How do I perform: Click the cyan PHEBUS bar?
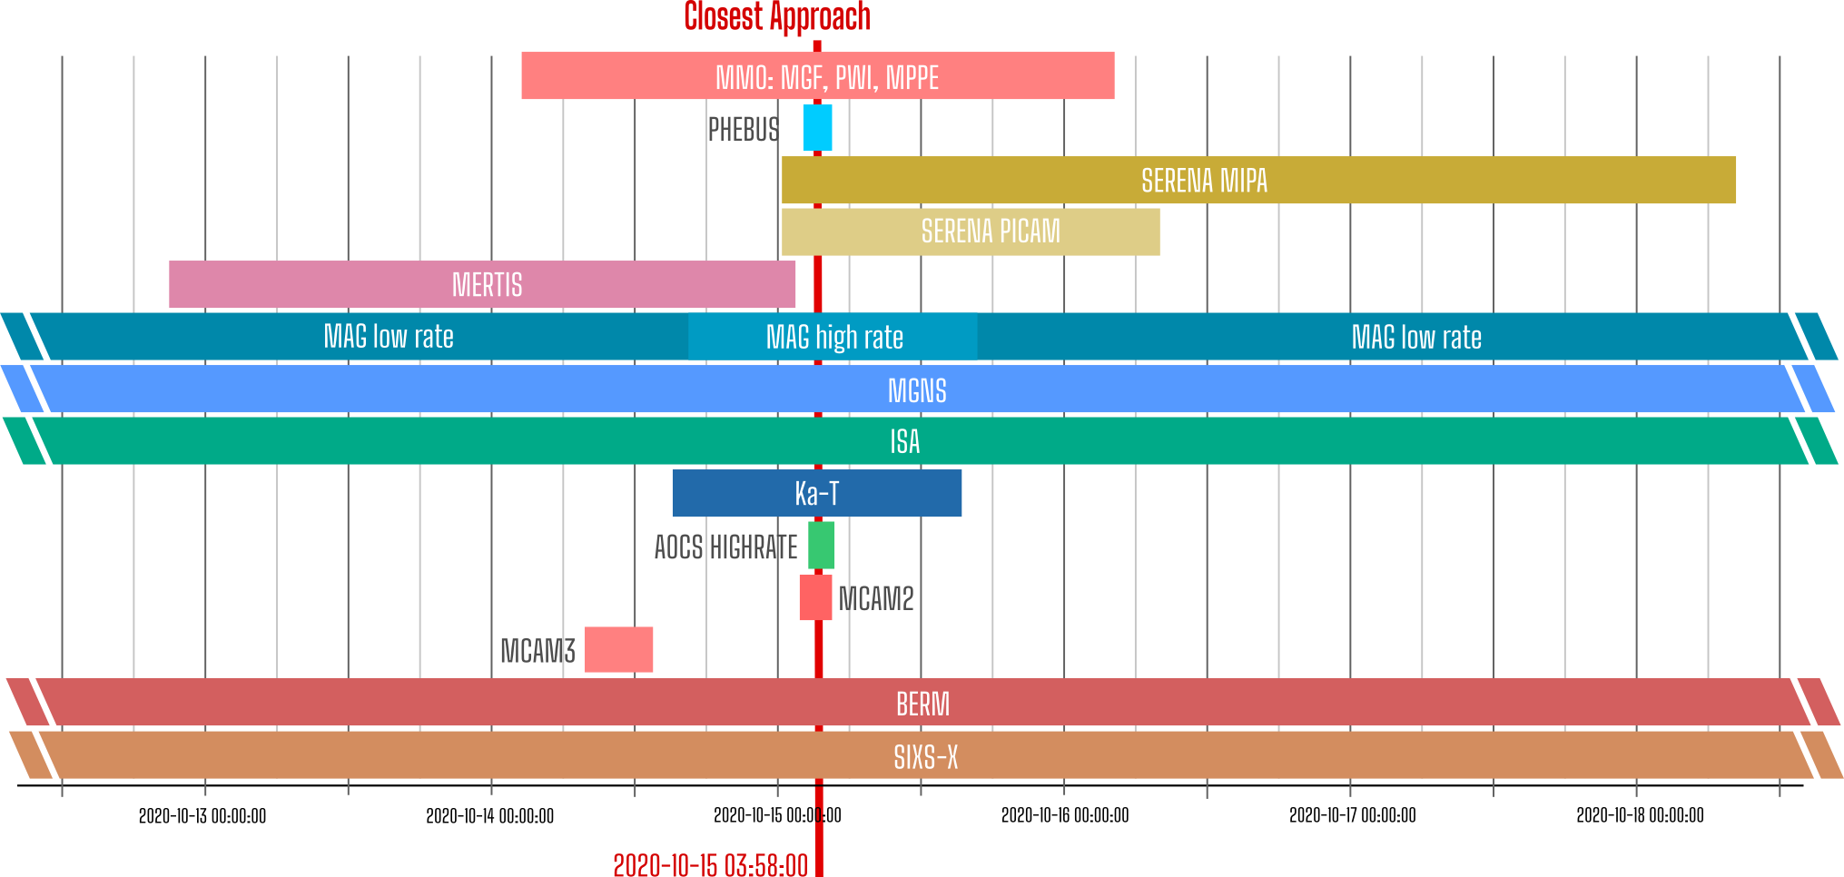(x=817, y=128)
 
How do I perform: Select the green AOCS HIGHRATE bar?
(x=821, y=546)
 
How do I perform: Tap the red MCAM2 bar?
(x=815, y=597)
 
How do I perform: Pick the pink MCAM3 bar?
(x=618, y=650)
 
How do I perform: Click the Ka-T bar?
(x=817, y=493)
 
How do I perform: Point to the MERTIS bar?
(x=482, y=284)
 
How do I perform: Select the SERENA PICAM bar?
(x=971, y=232)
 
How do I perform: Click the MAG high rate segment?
(x=833, y=337)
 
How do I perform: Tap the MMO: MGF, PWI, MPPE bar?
(x=818, y=76)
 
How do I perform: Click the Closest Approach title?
(x=777, y=16)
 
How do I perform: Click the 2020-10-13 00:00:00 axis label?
(x=202, y=815)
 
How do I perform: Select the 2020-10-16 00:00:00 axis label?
(x=1065, y=815)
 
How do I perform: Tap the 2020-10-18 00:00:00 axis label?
(x=1640, y=815)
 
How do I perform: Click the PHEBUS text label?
(x=744, y=130)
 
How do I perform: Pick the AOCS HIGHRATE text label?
(x=726, y=547)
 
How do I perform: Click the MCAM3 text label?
(x=538, y=651)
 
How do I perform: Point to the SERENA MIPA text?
(x=1204, y=181)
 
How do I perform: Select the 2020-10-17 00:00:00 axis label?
(x=1353, y=815)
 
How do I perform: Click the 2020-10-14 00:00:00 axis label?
(x=490, y=815)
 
